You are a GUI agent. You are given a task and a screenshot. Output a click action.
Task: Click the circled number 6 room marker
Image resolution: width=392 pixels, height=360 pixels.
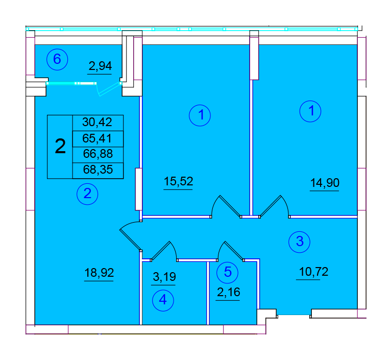click(57, 60)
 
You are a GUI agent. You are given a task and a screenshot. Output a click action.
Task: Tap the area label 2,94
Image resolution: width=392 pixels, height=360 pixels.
click(100, 66)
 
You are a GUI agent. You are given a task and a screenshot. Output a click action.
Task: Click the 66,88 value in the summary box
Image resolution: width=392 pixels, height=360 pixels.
click(98, 154)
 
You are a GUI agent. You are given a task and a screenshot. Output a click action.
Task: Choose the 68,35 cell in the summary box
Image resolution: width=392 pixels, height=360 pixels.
click(98, 170)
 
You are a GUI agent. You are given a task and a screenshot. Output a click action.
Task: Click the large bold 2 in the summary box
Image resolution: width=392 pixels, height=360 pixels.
click(60, 147)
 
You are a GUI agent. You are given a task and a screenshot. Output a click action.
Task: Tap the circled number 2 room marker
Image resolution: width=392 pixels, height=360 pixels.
click(87, 194)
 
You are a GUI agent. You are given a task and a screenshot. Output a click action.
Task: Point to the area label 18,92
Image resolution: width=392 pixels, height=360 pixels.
click(99, 273)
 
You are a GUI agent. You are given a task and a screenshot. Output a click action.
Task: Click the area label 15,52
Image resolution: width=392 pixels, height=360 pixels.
click(178, 181)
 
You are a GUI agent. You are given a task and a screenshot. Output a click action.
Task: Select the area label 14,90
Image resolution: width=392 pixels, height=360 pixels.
click(325, 183)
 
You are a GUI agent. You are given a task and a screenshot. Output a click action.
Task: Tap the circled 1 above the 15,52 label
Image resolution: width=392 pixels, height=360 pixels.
click(200, 115)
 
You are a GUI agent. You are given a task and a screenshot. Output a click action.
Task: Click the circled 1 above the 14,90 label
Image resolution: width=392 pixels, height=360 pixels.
click(310, 111)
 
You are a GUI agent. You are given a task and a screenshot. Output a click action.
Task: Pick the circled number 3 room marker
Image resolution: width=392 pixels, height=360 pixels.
click(299, 242)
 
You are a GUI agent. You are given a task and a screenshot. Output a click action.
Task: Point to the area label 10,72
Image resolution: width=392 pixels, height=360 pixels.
click(313, 272)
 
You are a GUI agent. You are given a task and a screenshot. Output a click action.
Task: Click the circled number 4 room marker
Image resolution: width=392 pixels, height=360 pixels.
click(163, 300)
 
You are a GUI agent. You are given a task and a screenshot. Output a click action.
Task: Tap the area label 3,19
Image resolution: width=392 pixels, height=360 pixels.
click(164, 277)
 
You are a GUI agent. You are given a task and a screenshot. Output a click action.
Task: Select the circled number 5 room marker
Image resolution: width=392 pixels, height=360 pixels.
click(227, 272)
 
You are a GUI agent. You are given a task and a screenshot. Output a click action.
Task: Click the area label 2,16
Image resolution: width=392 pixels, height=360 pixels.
click(229, 292)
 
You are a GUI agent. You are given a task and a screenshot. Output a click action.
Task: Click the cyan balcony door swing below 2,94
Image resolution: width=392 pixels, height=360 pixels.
click(108, 89)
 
